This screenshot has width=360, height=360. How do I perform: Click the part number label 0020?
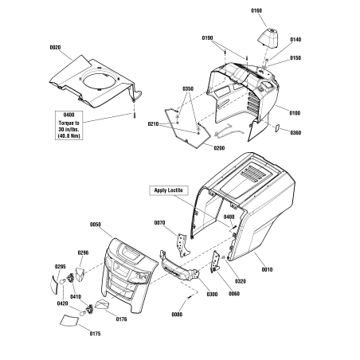(x=55, y=48)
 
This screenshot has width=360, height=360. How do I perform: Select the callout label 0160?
(x=256, y=10)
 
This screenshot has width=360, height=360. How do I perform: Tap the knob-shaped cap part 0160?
(x=268, y=37)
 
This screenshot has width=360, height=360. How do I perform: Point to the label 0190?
(x=207, y=38)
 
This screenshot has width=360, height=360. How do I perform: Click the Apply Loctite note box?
(x=169, y=190)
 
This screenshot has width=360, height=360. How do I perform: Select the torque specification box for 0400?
(x=69, y=125)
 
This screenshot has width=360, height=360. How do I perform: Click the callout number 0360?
(x=295, y=133)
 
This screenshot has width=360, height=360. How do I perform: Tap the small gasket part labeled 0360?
(x=276, y=128)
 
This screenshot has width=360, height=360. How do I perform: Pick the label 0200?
(x=219, y=148)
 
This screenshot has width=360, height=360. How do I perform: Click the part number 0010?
(x=267, y=270)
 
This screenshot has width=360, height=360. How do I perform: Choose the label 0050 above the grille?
(x=96, y=225)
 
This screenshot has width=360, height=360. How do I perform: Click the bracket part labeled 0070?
(x=183, y=245)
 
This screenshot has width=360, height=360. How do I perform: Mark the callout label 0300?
(x=212, y=294)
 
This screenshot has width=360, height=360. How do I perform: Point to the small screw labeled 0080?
(x=189, y=297)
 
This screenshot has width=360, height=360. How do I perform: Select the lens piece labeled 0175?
(x=68, y=320)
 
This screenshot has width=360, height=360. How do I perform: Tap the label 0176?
(x=121, y=319)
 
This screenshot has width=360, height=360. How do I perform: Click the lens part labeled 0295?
(x=54, y=284)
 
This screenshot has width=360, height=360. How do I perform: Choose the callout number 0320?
(x=241, y=281)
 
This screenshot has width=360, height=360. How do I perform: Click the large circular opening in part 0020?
(x=100, y=80)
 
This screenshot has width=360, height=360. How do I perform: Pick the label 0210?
(x=153, y=124)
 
